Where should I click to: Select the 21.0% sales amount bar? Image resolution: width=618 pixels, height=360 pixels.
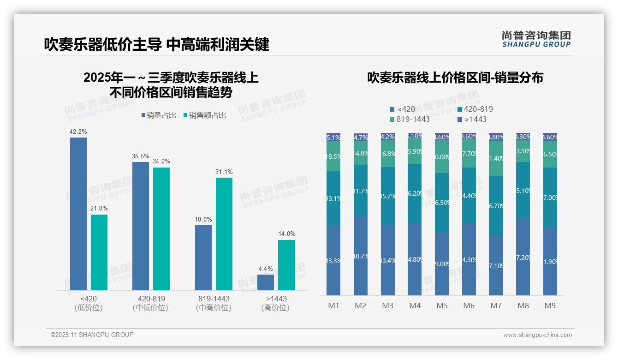pyautogui.click(x=99, y=252)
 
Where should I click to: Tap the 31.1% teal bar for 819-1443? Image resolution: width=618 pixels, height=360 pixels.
pyautogui.click(x=224, y=234)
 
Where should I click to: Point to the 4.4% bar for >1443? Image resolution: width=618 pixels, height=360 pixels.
pyautogui.click(x=266, y=282)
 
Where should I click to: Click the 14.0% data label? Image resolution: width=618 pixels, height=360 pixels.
pyautogui.click(x=286, y=234)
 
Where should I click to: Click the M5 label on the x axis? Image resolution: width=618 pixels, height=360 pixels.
pyautogui.click(x=442, y=306)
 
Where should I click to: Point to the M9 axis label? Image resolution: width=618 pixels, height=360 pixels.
pyautogui.click(x=550, y=306)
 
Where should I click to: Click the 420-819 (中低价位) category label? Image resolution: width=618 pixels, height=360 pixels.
pyautogui.click(x=151, y=303)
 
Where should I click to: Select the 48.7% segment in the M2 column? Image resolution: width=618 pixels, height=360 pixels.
pyautogui.click(x=361, y=256)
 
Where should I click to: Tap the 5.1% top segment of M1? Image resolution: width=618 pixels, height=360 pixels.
pyautogui.click(x=333, y=137)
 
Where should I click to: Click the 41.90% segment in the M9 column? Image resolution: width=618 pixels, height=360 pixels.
pyautogui.click(x=550, y=261)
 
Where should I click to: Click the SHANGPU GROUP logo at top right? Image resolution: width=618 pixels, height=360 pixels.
pyautogui.click(x=536, y=39)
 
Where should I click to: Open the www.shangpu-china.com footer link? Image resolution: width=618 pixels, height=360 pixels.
pyautogui.click(x=537, y=335)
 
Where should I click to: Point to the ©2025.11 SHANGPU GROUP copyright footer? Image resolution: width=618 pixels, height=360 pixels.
pyautogui.click(x=92, y=335)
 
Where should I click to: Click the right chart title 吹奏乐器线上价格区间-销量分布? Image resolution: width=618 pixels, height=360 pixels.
pyautogui.click(x=455, y=78)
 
